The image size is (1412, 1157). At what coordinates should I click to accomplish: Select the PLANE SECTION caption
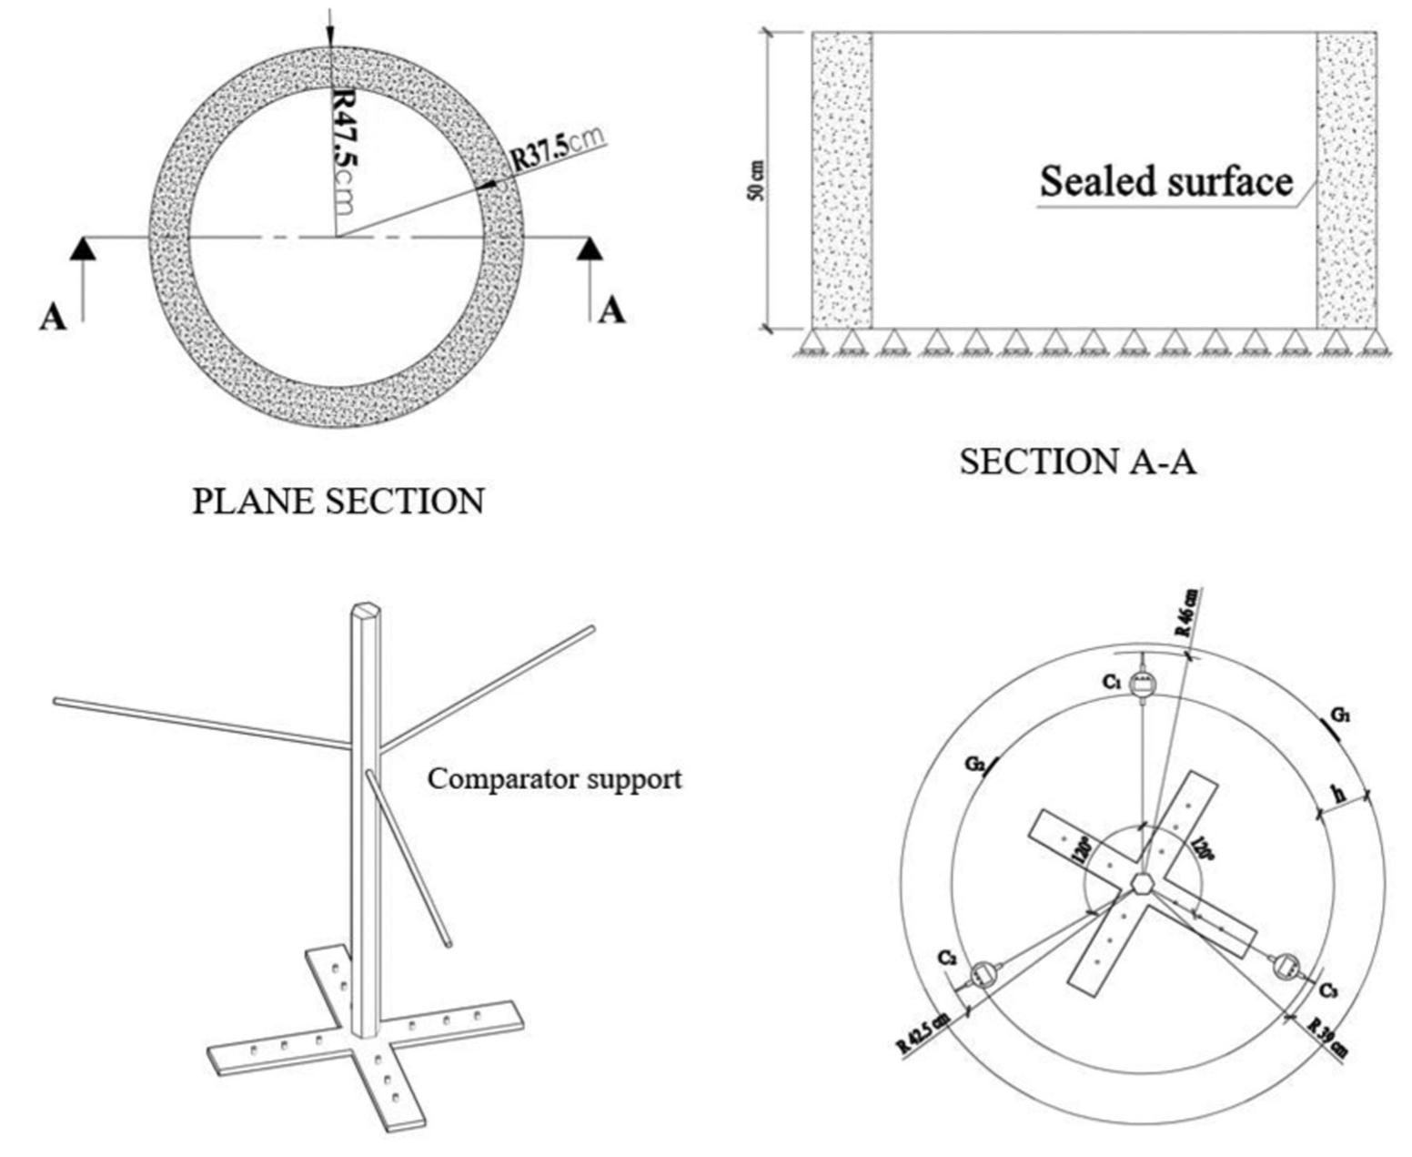tap(338, 501)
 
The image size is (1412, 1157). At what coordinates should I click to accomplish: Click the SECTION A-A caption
tap(1078, 462)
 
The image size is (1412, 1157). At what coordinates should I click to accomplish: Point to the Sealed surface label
tap(1166, 181)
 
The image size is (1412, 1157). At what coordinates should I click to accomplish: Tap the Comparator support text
tap(554, 779)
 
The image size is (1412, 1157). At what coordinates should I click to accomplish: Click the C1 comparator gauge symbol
tap(1142, 683)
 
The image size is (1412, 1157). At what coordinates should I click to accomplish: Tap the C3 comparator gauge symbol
tap(1287, 966)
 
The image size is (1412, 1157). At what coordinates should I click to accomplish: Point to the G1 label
tap(1339, 716)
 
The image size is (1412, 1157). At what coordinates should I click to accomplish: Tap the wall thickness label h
tap(1338, 794)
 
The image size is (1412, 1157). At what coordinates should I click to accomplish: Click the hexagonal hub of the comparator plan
tap(1142, 882)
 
